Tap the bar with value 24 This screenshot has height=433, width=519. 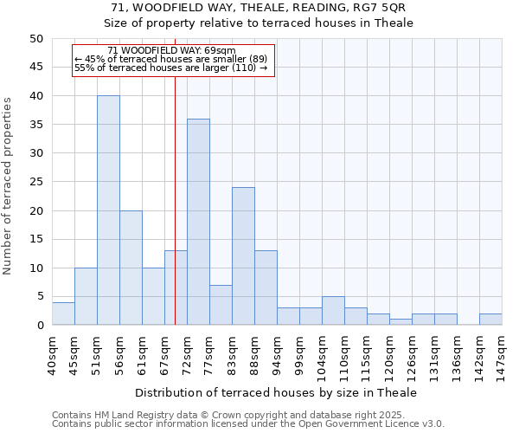click(243, 256)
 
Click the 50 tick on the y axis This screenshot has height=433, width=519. click(35, 39)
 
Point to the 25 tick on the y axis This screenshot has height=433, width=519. click(35, 182)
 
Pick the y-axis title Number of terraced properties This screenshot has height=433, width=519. click(8, 186)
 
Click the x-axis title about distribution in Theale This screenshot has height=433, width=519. click(275, 392)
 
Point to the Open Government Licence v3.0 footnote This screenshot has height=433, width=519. click(247, 424)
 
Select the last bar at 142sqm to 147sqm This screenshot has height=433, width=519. click(490, 320)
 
